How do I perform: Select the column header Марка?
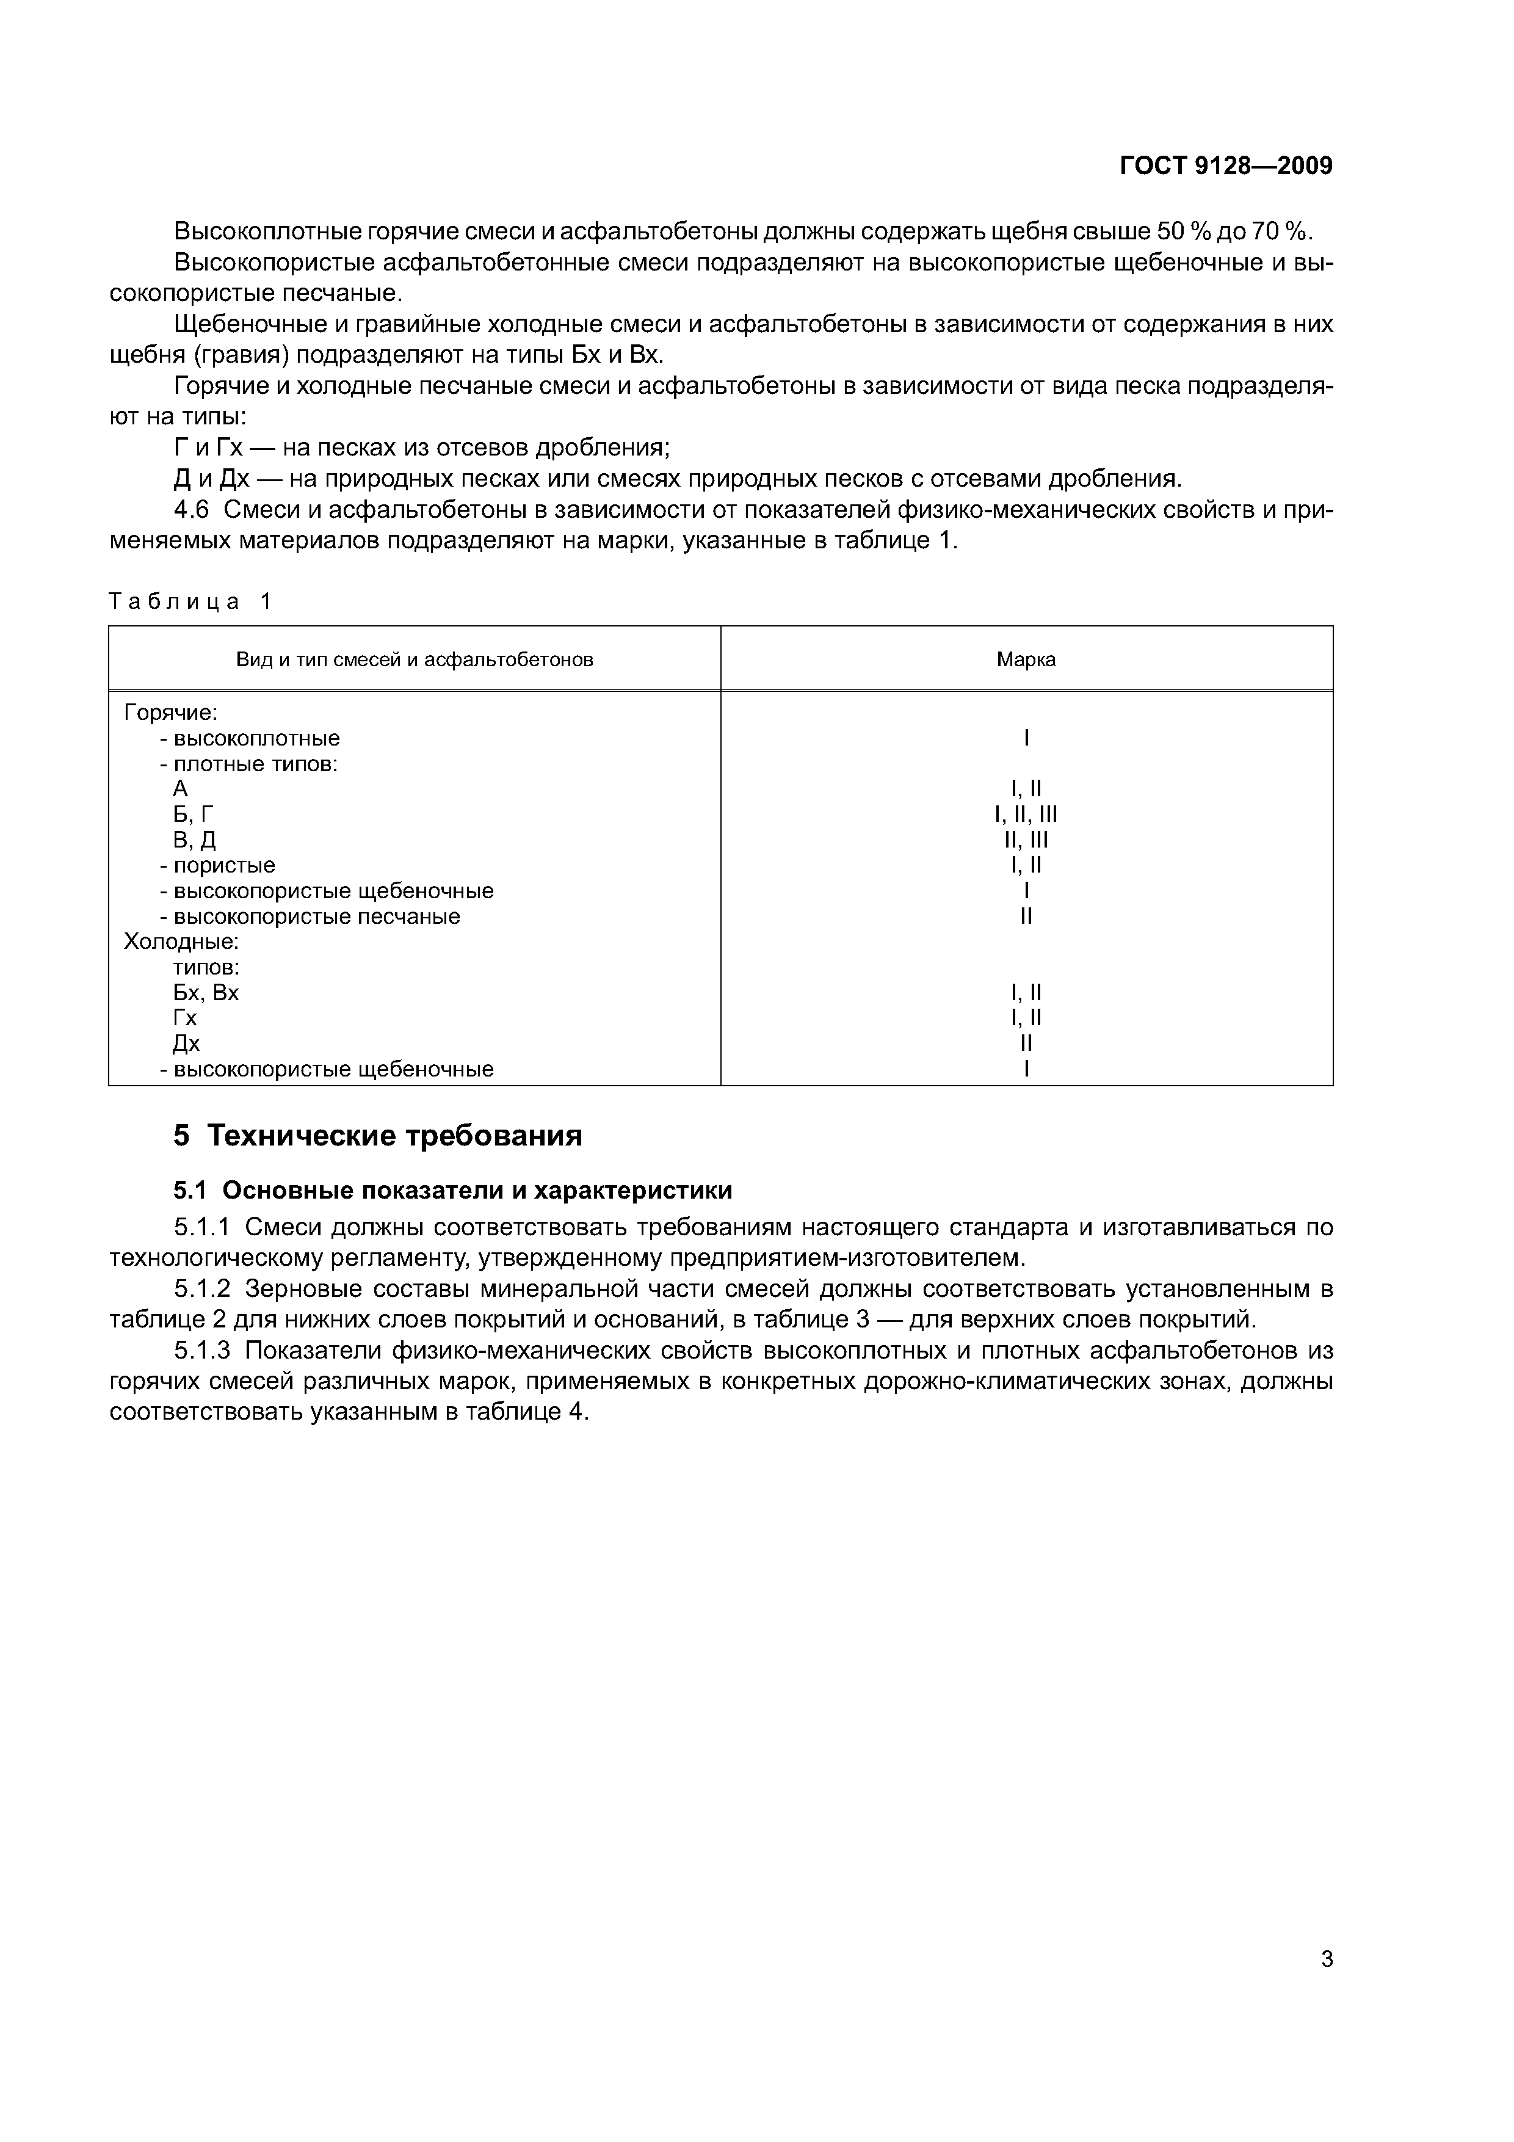1026,659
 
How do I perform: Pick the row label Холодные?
181,942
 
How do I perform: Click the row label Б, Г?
194,815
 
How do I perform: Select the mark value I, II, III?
1026,815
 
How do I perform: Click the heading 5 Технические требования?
378,1135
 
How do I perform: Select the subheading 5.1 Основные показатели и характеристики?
452,1191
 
